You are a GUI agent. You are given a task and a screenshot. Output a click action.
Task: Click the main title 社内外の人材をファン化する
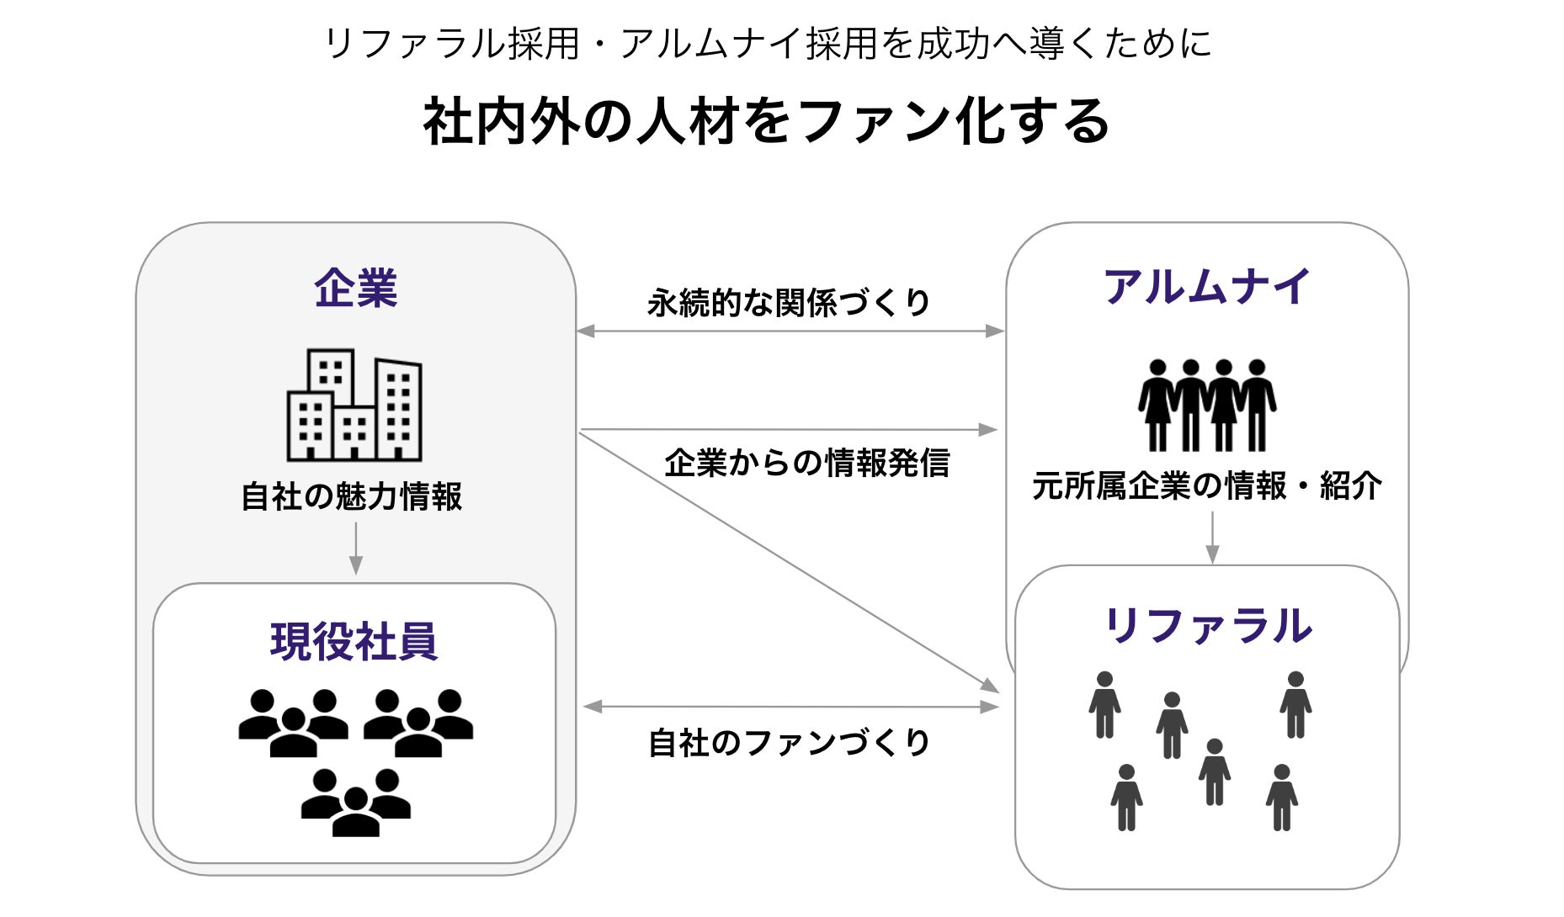766,122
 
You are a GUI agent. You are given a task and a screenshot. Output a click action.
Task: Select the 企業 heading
355,289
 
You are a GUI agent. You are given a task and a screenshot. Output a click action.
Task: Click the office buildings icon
354,405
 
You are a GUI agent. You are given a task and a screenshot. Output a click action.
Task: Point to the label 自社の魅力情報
352,496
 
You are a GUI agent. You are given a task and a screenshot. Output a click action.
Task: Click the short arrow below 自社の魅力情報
355,548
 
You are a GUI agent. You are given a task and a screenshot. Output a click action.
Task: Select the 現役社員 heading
354,642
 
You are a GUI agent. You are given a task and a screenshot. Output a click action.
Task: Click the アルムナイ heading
1207,287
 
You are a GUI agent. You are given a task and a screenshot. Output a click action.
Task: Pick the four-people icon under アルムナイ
1207,405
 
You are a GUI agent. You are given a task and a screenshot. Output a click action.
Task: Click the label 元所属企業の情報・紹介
1207,486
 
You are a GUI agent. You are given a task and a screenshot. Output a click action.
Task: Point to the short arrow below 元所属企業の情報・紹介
1212,538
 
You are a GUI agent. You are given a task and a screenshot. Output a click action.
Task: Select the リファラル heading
1207,627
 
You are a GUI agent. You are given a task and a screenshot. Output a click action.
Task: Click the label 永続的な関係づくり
789,303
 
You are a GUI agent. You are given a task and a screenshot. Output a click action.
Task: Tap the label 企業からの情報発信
806,464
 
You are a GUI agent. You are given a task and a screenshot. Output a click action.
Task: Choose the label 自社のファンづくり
789,743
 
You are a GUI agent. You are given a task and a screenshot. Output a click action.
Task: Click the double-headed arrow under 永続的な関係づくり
790,331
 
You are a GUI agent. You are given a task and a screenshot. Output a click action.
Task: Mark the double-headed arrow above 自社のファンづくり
790,707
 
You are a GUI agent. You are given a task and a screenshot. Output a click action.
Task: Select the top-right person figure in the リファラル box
1295,705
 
